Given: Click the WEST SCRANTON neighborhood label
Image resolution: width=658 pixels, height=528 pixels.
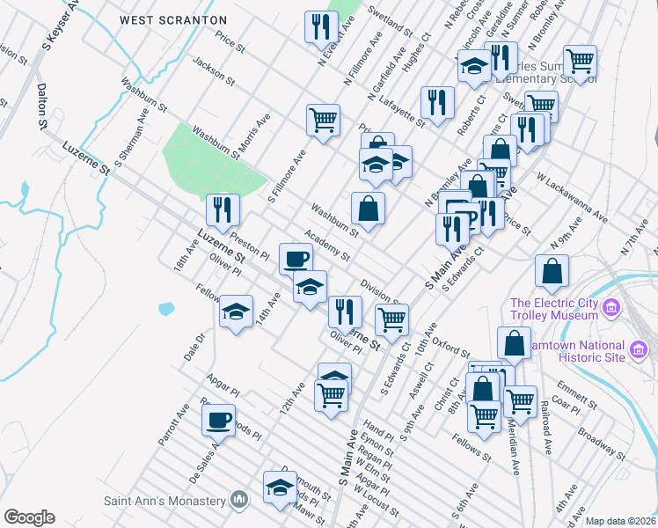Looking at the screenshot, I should click(x=173, y=19).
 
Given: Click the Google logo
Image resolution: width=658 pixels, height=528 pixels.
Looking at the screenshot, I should click(x=29, y=517).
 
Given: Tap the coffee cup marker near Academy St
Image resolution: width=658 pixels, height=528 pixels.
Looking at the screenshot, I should click(x=296, y=259).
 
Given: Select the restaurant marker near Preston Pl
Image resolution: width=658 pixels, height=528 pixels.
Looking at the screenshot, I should click(x=223, y=210).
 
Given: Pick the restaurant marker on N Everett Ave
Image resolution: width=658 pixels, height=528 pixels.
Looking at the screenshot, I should click(x=318, y=27).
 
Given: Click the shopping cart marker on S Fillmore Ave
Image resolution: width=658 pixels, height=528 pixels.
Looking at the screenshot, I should click(x=324, y=119).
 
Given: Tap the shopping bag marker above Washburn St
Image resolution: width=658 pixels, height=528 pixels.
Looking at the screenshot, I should click(x=368, y=209).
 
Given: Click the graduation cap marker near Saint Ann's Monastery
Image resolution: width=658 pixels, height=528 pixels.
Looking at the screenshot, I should click(x=280, y=488).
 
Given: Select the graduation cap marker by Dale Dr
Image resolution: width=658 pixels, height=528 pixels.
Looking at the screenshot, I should click(x=236, y=312).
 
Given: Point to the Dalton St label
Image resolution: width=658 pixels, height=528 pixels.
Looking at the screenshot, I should click(x=41, y=106).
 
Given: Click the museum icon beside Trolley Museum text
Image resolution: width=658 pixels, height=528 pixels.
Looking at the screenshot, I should click(x=612, y=309).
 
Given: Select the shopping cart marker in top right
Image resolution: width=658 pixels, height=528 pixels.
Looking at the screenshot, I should click(x=580, y=62).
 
